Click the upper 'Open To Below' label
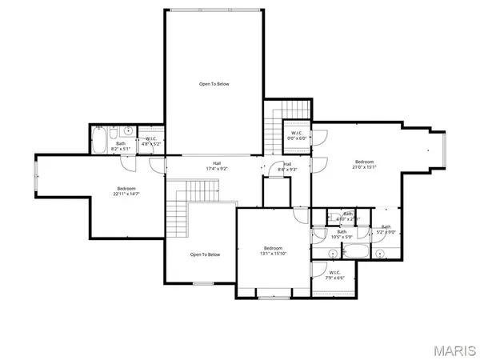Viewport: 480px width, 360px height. tap(214, 84)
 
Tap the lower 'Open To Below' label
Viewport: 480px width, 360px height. tap(205, 254)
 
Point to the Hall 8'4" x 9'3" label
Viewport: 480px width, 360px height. tap(286, 166)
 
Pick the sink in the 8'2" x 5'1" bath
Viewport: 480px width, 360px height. tap(129, 130)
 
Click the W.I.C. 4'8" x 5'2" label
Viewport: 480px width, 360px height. tap(151, 141)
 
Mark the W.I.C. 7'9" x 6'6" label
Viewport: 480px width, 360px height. tap(335, 274)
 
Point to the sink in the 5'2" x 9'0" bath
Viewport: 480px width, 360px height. tap(381, 254)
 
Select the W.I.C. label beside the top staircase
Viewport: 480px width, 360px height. tap(297, 134)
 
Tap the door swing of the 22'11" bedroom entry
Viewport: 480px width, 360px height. tap(155, 166)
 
